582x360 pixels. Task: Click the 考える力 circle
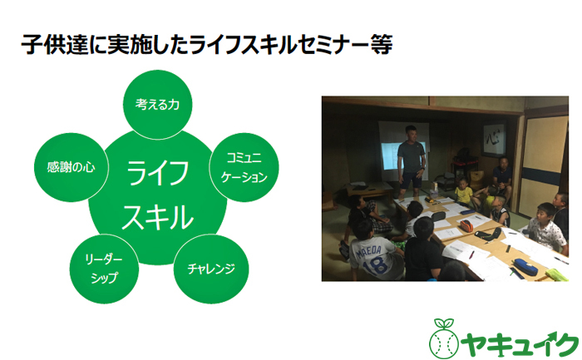click(x=158, y=106)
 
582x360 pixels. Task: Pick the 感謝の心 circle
click(x=70, y=166)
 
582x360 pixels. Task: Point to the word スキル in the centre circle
click(x=158, y=218)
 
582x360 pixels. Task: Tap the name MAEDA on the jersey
click(x=371, y=248)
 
